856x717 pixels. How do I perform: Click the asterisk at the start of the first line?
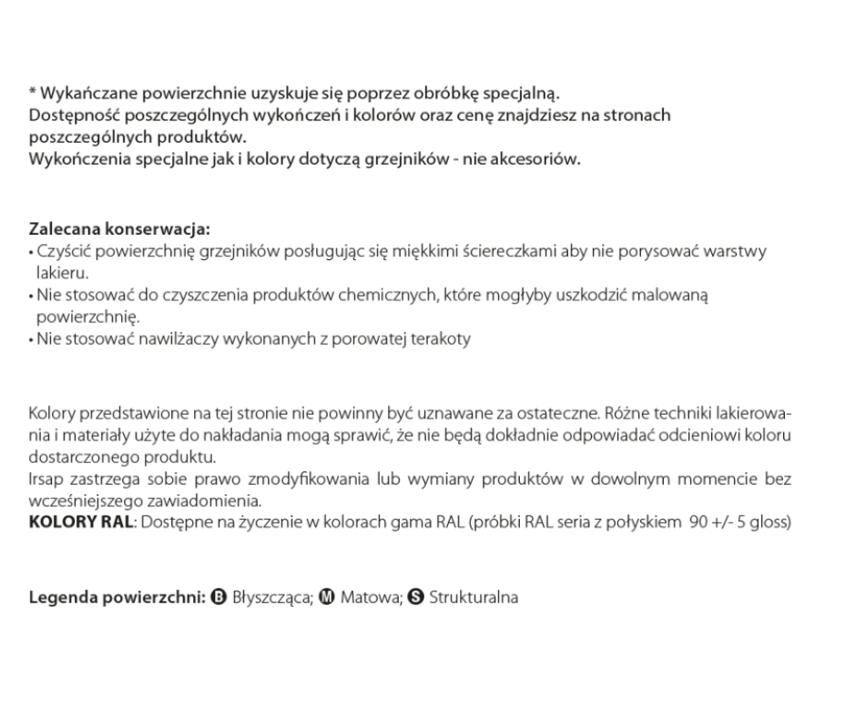click(x=33, y=93)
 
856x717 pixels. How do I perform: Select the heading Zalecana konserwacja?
click(x=119, y=228)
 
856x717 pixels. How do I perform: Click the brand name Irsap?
click(x=46, y=478)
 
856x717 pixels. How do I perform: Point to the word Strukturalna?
click(x=474, y=598)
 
